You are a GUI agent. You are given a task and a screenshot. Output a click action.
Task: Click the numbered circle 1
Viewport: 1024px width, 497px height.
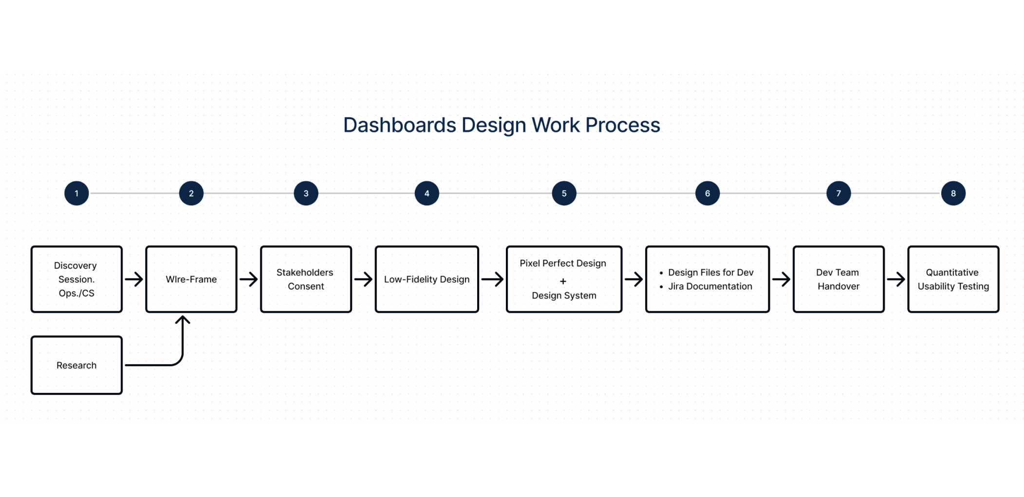point(76,193)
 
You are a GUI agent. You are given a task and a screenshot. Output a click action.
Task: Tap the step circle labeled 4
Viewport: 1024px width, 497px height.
point(427,193)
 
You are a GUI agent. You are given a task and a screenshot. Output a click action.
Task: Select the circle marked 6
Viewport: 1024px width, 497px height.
point(707,193)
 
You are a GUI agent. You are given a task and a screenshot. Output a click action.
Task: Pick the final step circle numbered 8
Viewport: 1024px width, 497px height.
point(953,193)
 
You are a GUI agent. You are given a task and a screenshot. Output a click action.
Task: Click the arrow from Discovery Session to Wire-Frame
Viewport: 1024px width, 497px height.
point(134,279)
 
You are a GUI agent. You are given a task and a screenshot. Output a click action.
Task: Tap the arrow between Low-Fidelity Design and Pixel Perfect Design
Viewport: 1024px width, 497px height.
point(492,279)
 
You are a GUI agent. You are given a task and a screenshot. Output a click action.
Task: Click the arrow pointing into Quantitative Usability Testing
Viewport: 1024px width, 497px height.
point(896,279)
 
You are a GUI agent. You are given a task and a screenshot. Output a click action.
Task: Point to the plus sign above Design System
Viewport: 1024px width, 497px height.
point(563,281)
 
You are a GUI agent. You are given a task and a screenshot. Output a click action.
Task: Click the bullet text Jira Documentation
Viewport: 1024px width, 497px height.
point(710,286)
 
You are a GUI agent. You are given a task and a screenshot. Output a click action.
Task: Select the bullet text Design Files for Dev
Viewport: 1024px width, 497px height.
point(710,273)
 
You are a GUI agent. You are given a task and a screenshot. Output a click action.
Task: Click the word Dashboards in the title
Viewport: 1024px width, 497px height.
point(400,125)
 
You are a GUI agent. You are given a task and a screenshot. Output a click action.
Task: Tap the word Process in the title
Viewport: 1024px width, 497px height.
point(623,125)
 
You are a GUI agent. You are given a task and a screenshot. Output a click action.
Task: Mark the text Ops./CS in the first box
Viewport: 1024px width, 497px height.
point(76,293)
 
